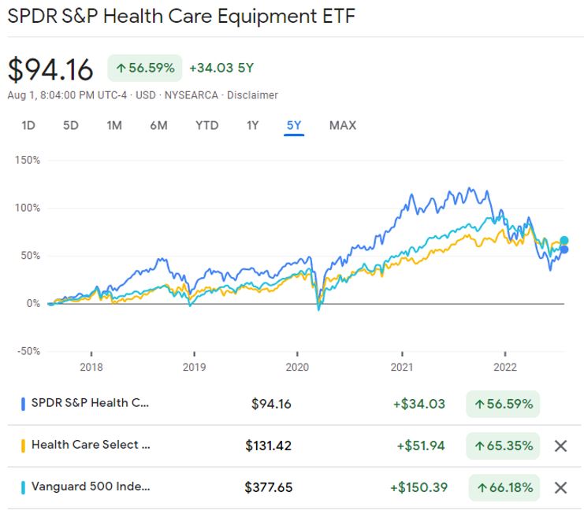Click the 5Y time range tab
click(x=294, y=125)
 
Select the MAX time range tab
click(x=342, y=125)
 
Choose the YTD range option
click(x=206, y=125)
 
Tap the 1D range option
click(x=28, y=125)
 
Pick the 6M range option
click(x=158, y=125)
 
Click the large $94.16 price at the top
click(x=50, y=69)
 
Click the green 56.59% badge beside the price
click(x=144, y=68)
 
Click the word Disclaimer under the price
click(x=253, y=95)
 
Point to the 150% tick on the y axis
click(x=28, y=160)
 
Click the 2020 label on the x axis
click(x=297, y=367)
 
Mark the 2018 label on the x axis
click(x=91, y=367)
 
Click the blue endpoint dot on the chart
click(x=564, y=250)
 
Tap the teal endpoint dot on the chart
click(x=564, y=240)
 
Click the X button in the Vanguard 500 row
click(x=560, y=487)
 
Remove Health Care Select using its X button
click(x=560, y=446)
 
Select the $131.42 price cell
click(x=268, y=446)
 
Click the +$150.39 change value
click(x=418, y=487)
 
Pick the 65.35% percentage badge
click(x=502, y=446)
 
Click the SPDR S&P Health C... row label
click(x=89, y=404)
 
